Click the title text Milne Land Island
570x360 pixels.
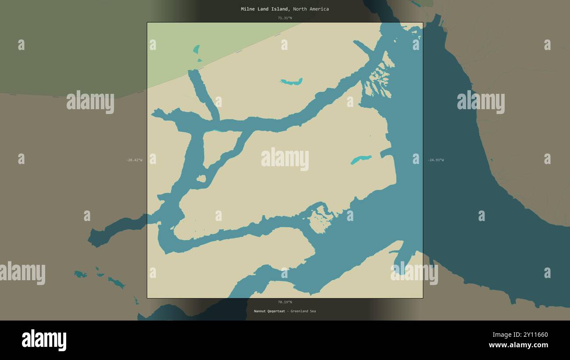point(265,9)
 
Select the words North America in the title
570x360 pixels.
point(311,9)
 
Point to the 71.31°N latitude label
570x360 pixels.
point(285,18)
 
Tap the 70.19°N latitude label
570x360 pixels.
point(285,302)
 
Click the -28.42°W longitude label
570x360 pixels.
point(134,160)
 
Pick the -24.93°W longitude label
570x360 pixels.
point(435,160)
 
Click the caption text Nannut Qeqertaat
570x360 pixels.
point(269,311)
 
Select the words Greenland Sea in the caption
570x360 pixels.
point(303,311)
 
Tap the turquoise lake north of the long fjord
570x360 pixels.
point(292,82)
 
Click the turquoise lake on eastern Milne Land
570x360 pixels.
point(361,160)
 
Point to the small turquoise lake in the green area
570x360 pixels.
point(196,49)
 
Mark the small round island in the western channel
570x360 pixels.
point(201,178)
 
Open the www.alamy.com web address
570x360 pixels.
point(518,345)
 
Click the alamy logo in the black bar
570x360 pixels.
point(44,340)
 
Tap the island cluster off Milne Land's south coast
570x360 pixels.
point(321,219)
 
